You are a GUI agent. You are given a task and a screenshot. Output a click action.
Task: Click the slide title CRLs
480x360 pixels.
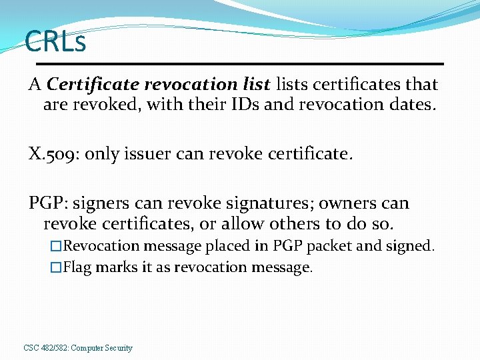55,42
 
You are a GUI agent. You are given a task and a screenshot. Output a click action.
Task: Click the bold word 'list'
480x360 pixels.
256,85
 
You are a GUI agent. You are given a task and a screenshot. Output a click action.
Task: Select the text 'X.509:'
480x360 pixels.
53,155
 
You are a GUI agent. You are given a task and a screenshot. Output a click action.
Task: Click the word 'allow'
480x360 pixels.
239,223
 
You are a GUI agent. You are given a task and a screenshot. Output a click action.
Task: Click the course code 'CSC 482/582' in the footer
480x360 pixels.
45,348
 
